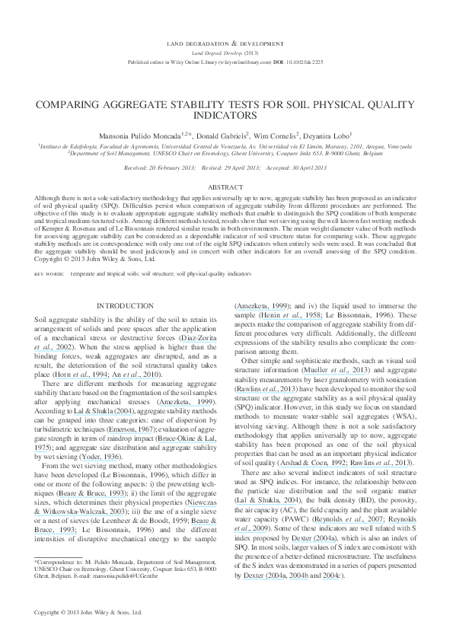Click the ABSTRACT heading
[x=226, y=186]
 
